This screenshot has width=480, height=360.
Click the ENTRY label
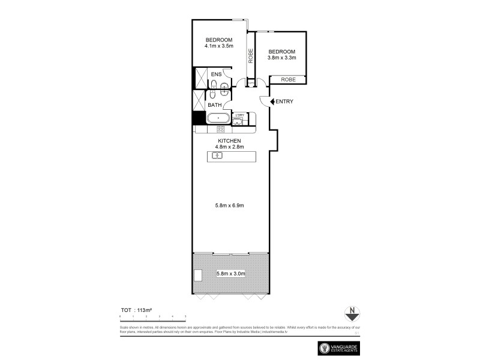[x=284, y=101]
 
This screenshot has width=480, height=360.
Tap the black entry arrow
[x=272, y=101]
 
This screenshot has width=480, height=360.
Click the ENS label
[x=216, y=74]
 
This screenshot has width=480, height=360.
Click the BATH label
[x=214, y=105]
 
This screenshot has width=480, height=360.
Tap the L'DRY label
[x=239, y=115]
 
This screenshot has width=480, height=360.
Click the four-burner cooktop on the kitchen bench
[x=220, y=128]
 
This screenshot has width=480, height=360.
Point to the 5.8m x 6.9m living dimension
[x=229, y=206]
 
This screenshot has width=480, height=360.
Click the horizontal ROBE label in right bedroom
[x=288, y=79]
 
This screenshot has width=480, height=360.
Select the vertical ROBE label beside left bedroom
[x=251, y=56]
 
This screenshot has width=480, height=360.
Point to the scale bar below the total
[x=152, y=316]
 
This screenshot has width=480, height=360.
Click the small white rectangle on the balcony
[x=198, y=275]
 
